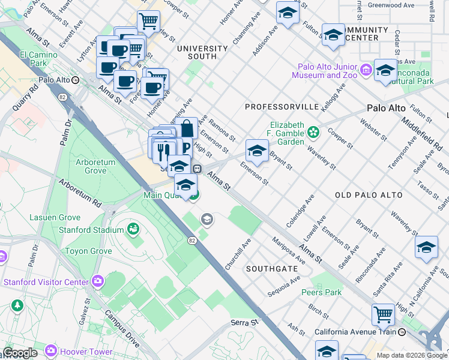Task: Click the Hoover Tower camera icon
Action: coord(50,350)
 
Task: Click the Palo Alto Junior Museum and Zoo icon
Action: coord(366,71)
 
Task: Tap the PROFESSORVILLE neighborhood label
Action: coord(282,107)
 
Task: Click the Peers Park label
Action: coord(321,292)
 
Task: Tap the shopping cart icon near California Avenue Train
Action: coord(383,313)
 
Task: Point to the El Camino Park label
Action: coord(34,58)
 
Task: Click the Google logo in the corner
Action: coord(20,353)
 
